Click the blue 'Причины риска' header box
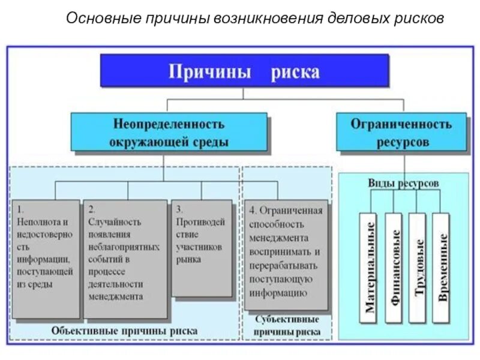[244, 71]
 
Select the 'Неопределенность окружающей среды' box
[169, 132]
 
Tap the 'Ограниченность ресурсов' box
[401, 132]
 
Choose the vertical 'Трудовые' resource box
[418, 266]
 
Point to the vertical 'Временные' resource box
[441, 266]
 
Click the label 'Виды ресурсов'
[403, 182]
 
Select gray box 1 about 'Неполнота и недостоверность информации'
[46, 258]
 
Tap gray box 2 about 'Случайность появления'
[125, 258]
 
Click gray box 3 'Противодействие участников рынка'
[201, 247]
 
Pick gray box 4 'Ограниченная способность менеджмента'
[286, 254]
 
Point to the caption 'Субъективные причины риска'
[287, 326]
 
